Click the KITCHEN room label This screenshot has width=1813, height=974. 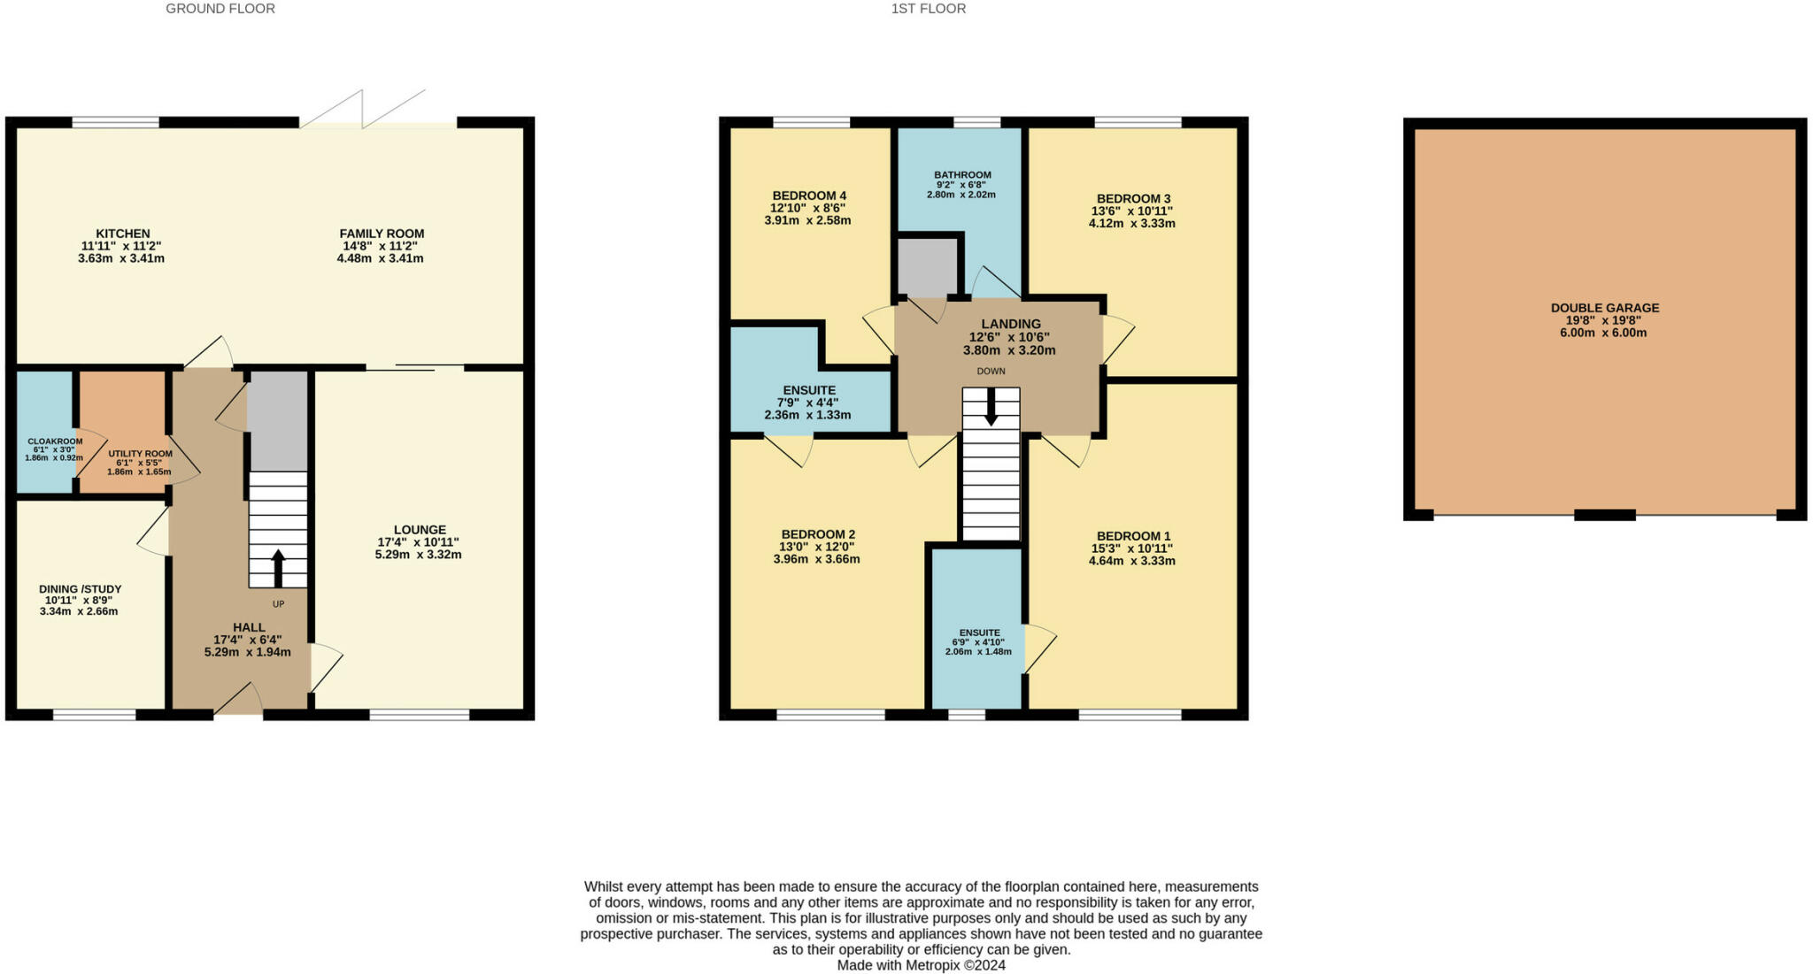coord(123,234)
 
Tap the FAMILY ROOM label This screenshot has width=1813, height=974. coord(382,234)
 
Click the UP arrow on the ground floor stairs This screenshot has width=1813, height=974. coord(278,567)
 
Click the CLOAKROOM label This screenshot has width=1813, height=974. coord(54,441)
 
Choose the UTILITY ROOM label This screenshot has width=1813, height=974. coord(140,454)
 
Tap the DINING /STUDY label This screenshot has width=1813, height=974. coord(80,589)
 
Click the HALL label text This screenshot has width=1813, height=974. coord(249,627)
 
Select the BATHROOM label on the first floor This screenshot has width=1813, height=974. coord(962,175)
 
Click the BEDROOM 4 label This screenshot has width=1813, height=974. coord(808,196)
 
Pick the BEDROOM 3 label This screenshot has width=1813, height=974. coord(1133,199)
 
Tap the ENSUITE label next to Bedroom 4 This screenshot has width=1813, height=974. coord(808,390)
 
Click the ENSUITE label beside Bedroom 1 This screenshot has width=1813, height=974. coord(979,633)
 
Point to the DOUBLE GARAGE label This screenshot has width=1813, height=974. coord(1604,308)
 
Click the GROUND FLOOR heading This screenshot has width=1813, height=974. coord(220,9)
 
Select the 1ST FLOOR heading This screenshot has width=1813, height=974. coord(928,9)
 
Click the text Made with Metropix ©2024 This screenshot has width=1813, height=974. coord(921,965)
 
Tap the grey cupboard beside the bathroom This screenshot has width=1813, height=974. coord(928,266)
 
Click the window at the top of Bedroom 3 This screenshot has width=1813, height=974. coord(1137,123)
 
